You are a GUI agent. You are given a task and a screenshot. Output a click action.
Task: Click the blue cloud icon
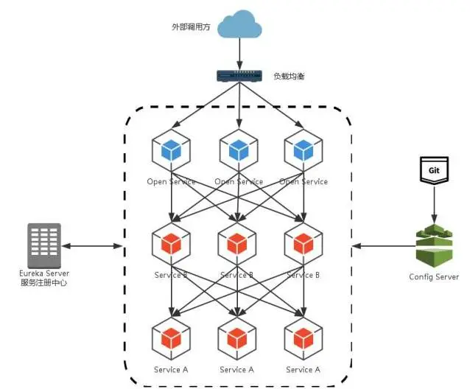[239, 27]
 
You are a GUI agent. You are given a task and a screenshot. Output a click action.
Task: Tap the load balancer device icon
[239, 75]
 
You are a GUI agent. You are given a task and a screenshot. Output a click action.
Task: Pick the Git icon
[434, 169]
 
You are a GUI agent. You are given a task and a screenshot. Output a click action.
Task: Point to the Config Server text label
[434, 277]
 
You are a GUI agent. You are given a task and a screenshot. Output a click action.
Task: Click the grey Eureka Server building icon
[43, 245]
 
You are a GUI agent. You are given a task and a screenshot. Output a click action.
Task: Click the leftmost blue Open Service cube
[171, 150]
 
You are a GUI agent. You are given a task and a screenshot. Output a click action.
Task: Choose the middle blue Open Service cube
[239, 150]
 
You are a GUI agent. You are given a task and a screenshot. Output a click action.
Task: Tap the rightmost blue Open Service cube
[304, 150]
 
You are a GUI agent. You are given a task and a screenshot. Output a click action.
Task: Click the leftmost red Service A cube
[171, 337]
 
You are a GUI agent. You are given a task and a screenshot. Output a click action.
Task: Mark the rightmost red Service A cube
[304, 337]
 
